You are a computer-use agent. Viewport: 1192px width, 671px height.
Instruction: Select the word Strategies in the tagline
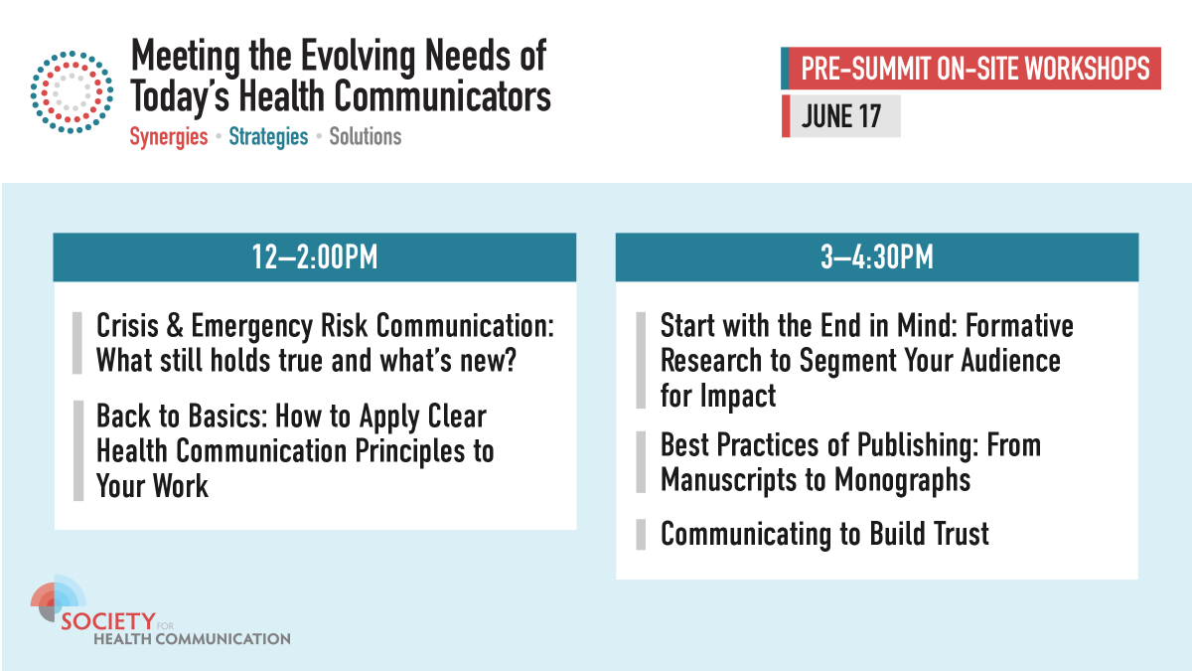268,136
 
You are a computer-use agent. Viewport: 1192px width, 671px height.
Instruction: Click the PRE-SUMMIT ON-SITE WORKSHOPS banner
974,69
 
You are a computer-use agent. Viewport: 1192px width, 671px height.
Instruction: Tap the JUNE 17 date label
842,116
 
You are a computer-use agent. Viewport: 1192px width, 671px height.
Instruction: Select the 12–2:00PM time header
315,258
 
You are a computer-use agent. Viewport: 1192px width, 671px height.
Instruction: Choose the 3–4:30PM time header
876,258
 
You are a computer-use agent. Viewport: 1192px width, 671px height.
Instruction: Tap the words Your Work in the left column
152,485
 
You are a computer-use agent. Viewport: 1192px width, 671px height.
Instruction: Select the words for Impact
717,395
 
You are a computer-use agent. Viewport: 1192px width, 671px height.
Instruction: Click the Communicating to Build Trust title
824,534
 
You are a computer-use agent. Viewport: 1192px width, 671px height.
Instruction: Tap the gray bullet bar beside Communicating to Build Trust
641,534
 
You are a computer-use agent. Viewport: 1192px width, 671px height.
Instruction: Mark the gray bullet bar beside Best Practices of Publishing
641,462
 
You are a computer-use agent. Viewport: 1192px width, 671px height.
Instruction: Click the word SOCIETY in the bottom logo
108,621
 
